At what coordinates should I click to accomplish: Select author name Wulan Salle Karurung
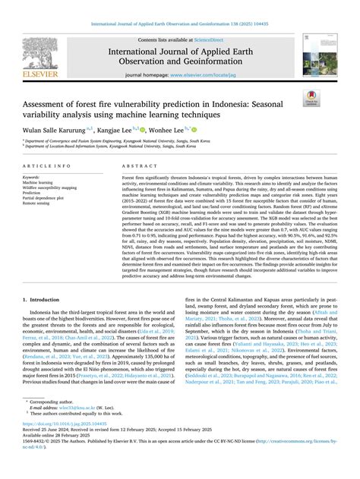point(54,130)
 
